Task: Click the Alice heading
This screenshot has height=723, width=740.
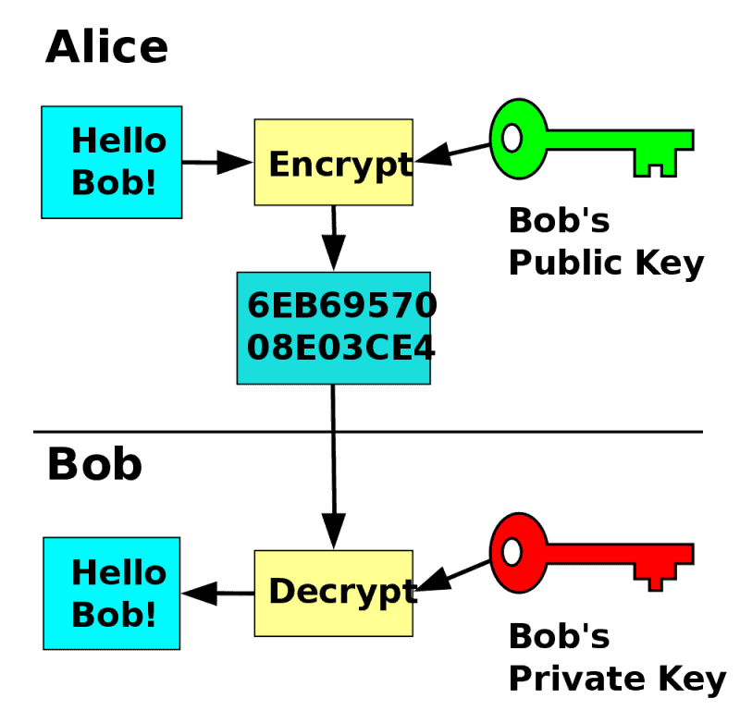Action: pos(106,46)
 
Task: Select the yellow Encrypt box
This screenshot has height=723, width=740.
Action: pos(333,162)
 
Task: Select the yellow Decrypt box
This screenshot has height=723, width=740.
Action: pos(333,593)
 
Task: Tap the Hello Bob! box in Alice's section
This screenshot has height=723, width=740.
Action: pos(112,162)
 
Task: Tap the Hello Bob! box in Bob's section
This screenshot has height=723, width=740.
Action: pos(112,593)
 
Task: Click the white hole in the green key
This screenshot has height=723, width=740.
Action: pos(512,139)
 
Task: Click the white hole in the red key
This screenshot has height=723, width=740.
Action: pos(512,553)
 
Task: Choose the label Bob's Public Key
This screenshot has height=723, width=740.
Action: pos(606,242)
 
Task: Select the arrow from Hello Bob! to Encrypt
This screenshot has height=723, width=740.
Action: pos(217,163)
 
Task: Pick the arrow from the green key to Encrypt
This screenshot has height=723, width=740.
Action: pos(453,153)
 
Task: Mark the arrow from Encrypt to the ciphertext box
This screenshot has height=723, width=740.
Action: pos(333,238)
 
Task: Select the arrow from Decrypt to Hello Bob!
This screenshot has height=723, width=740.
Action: pos(217,593)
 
